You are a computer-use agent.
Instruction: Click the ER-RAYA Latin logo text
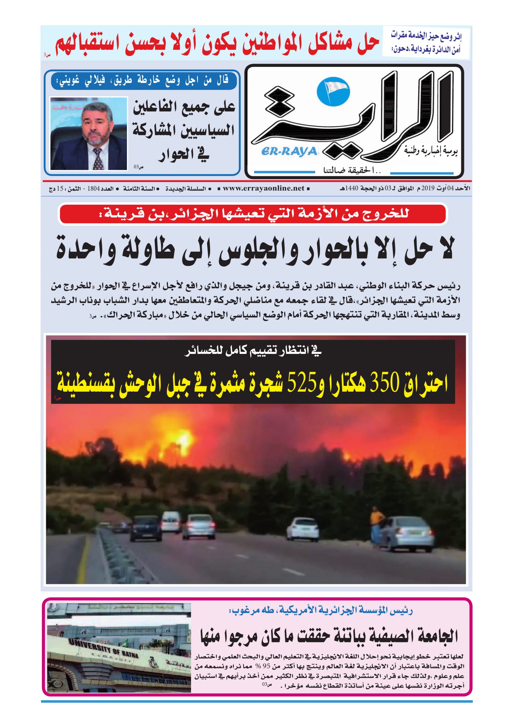tap(289, 151)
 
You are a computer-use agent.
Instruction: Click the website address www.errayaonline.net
tap(264, 189)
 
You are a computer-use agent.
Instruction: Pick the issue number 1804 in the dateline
tap(94, 189)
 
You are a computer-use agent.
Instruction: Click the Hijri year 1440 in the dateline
tap(351, 189)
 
